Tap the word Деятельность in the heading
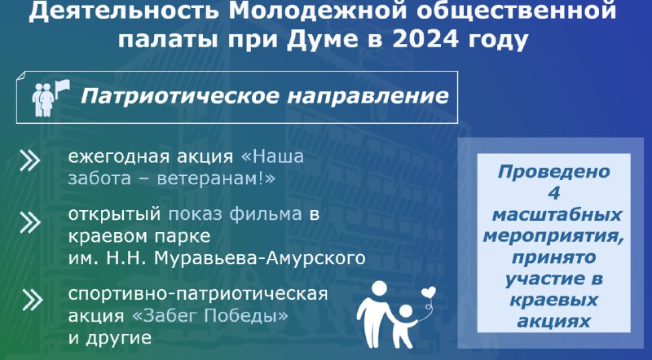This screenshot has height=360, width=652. tap(124, 11)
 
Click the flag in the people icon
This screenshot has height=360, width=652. tap(62, 89)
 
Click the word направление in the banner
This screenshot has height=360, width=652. tap(368, 96)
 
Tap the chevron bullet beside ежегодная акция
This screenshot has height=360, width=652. tap(30, 161)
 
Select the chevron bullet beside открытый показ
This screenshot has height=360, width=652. tap(30, 223)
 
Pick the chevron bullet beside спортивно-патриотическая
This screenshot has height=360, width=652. tap(32, 300)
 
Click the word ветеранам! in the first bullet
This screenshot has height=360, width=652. tap(216, 178)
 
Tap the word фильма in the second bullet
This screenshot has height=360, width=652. tap(266, 214)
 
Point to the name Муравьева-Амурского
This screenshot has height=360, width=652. tap(259, 258)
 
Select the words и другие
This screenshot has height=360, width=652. tap(110, 338)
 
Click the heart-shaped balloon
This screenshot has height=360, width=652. tap(429, 292)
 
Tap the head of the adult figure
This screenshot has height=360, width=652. tap(379, 289)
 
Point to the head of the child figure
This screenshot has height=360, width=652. tap(405, 312)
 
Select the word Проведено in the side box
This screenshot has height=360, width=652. tap(553, 172)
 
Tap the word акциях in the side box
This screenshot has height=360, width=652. tap(554, 322)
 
